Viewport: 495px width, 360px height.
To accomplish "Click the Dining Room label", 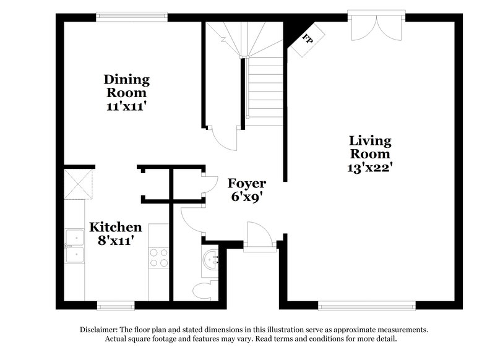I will coord(126,86).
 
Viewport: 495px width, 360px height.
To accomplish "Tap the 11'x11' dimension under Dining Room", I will coord(126,106).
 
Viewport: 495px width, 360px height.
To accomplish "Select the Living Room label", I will coord(370,147).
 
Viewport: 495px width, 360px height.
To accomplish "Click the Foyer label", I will coord(246,184).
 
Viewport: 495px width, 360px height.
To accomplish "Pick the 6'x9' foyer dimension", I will coord(246,197).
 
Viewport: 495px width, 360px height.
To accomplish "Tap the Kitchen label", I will coord(116,227).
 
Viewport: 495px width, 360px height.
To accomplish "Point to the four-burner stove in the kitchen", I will coord(158,257).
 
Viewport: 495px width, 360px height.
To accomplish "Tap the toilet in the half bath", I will coord(203,289).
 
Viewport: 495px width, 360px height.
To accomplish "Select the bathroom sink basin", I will coord(212,260).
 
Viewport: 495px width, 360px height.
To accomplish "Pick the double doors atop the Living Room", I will coord(376,26).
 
